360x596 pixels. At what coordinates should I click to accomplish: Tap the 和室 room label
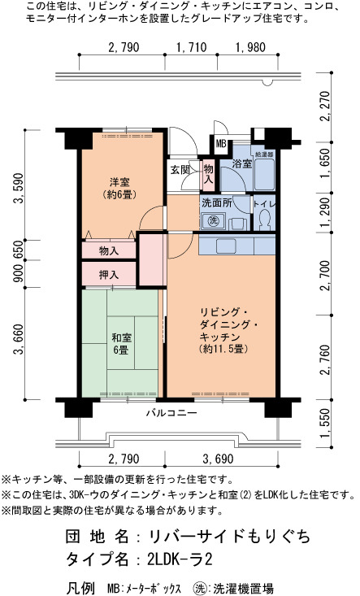click(x=121, y=337)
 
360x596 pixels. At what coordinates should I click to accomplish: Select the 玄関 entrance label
click(x=180, y=169)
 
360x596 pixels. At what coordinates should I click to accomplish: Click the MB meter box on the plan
click(x=221, y=144)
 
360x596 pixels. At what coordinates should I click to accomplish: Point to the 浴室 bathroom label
click(x=242, y=163)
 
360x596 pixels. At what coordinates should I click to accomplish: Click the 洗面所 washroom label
click(x=217, y=202)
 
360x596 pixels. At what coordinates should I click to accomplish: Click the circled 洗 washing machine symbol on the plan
click(x=214, y=221)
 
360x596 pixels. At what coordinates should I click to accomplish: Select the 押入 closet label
click(x=109, y=275)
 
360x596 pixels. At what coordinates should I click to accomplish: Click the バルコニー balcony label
click(x=171, y=413)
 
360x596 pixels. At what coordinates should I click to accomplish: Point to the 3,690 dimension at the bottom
click(x=218, y=459)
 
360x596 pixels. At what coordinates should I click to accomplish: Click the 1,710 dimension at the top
click(x=192, y=47)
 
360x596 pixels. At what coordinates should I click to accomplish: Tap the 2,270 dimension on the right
click(x=325, y=106)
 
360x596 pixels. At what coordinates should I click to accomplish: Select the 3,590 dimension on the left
click(x=19, y=188)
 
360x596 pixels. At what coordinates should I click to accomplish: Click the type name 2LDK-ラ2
click(x=180, y=559)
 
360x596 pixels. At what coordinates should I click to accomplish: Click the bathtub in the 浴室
click(x=264, y=174)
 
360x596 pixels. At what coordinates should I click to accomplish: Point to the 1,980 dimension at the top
click(x=250, y=47)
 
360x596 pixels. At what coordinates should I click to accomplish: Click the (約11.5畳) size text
click(x=223, y=349)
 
